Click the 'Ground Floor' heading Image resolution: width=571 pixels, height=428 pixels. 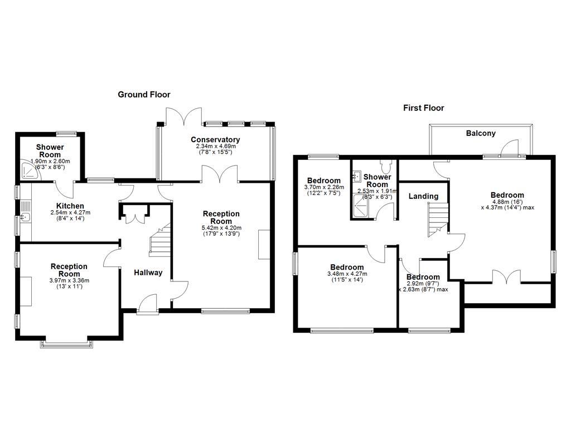[144, 95]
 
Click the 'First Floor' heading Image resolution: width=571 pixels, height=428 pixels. [424, 108]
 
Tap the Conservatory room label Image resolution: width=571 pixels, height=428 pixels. [215, 139]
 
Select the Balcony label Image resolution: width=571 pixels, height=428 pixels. [481, 133]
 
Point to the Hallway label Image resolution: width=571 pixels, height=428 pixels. [148, 273]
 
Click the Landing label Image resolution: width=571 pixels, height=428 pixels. [423, 196]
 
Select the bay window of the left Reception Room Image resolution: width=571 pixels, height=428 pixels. [66, 344]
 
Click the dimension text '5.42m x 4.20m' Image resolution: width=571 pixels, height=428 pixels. [221, 227]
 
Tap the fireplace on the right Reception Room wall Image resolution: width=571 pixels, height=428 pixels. [264, 244]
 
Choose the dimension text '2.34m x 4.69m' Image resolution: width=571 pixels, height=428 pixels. [215, 146]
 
